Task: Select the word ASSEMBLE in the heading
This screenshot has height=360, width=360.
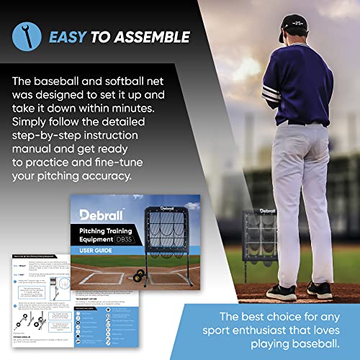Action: tap(154, 36)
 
